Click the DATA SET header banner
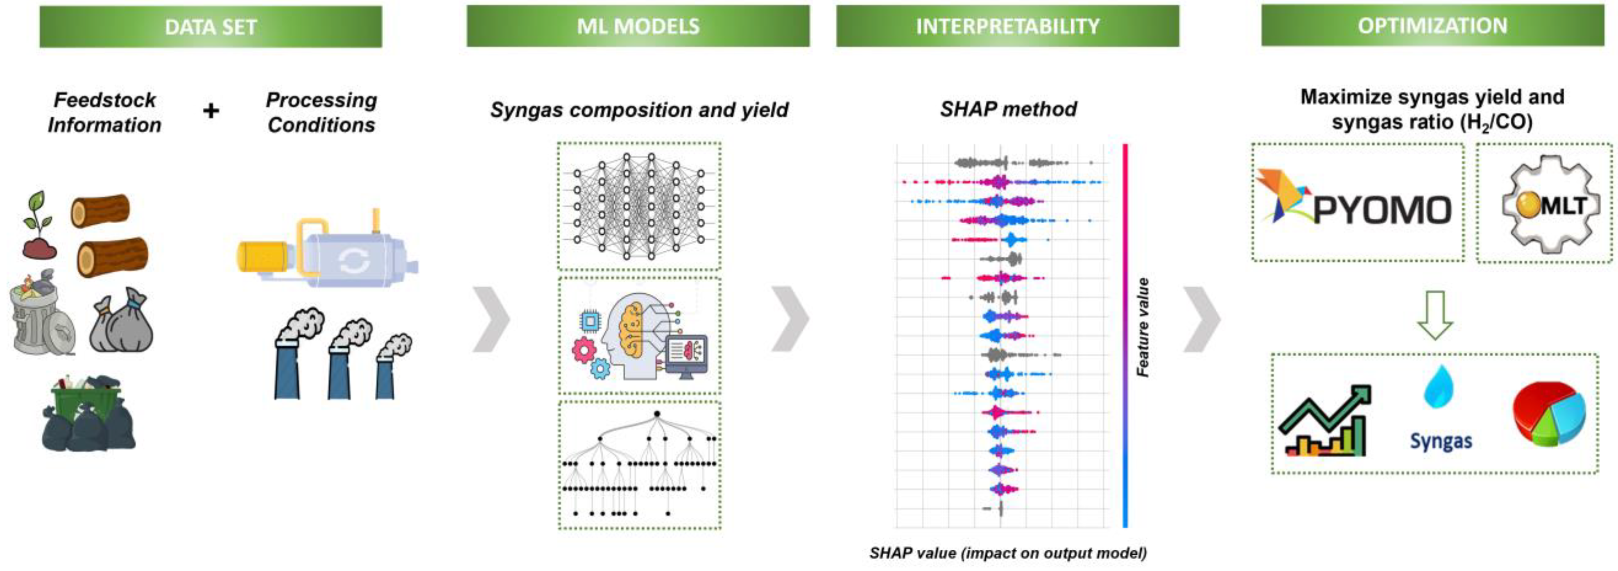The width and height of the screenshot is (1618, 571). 210,26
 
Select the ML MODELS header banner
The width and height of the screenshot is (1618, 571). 638,26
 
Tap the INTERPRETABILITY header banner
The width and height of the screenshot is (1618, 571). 1007,26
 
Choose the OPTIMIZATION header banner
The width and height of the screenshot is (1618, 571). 1432,25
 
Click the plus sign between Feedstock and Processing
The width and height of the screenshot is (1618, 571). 211,111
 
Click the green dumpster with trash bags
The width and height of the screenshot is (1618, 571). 88,413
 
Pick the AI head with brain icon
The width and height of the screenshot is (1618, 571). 639,336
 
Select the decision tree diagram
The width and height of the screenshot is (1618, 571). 639,465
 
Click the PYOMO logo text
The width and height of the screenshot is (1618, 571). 1382,210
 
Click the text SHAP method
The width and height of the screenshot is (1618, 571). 1008,109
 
